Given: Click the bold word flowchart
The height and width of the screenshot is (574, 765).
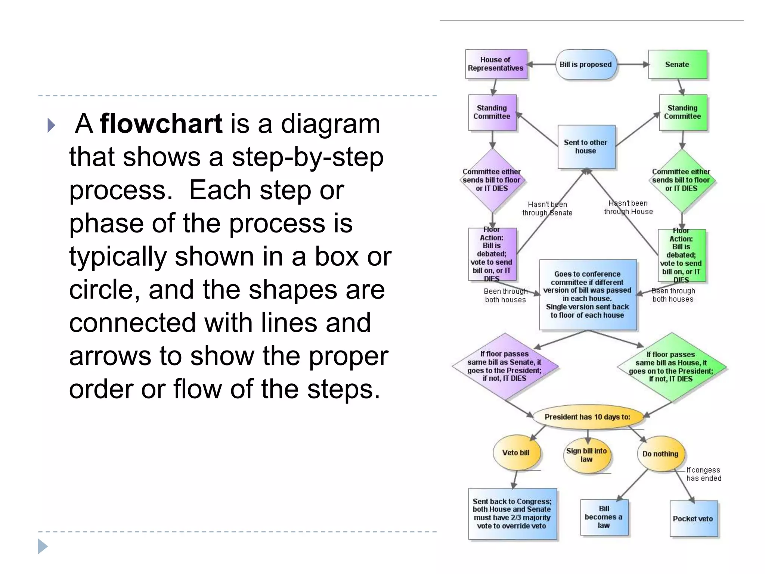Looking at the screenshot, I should pos(161,124).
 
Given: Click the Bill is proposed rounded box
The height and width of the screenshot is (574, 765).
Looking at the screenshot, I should pos(585,64).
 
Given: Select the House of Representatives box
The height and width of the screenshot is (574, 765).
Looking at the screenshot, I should pos(496,64).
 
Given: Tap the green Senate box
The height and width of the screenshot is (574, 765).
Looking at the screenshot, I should pos(677,64).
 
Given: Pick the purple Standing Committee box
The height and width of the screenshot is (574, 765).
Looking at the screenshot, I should pos(492,112).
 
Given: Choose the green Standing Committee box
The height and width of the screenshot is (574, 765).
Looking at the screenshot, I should pos(682,112).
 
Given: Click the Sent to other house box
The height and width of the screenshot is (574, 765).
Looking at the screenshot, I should pos(586,146).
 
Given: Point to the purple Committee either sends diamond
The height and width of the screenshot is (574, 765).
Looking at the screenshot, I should pos(492,180).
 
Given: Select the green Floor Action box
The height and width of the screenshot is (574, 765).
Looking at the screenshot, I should pos(681,255).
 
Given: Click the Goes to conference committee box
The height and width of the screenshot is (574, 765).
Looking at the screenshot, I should pos(587,294).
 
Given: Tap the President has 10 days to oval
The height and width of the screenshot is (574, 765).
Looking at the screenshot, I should pos(587,417).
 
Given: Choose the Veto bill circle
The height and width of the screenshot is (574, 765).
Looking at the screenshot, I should pos(516,453).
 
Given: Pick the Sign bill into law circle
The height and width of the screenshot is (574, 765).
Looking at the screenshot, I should pos(586,455).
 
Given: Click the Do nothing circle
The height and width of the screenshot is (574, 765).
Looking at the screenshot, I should pos(660,454).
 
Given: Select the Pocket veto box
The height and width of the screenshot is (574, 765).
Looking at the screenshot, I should pos(693,518).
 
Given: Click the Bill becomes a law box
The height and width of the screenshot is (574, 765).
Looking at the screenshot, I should pos(604,517).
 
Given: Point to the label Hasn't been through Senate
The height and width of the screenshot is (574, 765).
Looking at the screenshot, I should pos(547,209).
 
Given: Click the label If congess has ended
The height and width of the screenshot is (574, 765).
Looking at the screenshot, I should pos(703,474).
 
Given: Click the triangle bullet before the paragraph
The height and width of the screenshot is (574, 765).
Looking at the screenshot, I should pos(52,125).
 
